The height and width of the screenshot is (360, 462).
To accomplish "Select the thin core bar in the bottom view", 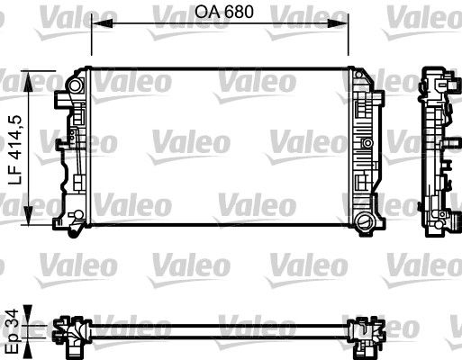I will click(216, 323).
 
